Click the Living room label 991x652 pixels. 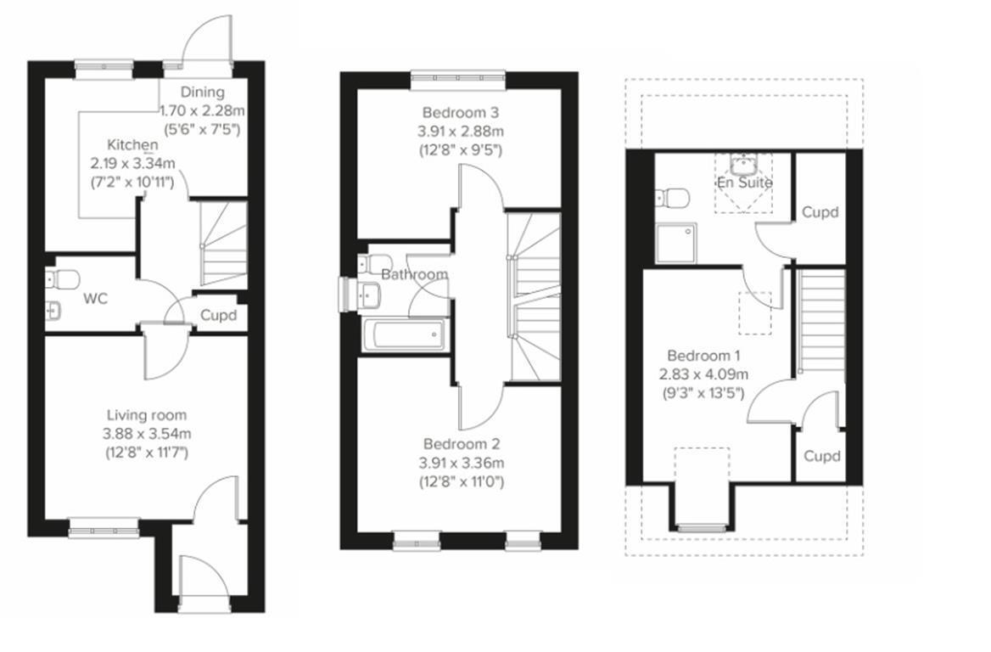click(x=146, y=415)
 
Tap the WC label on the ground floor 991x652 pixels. click(x=92, y=299)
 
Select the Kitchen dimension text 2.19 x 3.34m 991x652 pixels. click(x=132, y=163)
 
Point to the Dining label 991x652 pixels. click(x=203, y=93)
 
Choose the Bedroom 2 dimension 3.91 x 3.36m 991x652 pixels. click(x=462, y=463)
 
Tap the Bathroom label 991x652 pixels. click(x=414, y=274)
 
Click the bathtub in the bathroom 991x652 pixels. click(x=404, y=334)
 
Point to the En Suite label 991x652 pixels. click(x=744, y=183)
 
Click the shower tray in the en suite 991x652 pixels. click(x=676, y=243)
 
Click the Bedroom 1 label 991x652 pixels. click(x=698, y=356)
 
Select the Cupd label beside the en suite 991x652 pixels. click(x=820, y=212)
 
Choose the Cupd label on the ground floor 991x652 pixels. click(x=218, y=316)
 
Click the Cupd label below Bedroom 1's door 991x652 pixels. click(x=820, y=456)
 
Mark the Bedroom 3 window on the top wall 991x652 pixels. click(x=459, y=80)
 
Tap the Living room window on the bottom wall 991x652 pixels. click(x=103, y=531)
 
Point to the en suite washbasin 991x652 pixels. click(x=743, y=164)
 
